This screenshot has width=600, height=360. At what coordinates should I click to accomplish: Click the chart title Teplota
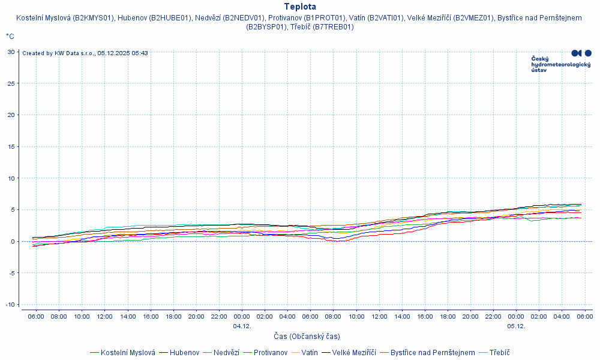300,7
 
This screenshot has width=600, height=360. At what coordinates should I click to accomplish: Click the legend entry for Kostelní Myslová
128,353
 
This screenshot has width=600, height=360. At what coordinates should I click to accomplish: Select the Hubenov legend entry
184,353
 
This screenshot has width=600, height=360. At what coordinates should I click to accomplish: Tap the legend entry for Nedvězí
226,353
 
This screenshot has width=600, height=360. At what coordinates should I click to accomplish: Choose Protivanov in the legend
270,353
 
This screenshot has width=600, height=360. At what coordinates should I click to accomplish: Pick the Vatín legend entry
310,353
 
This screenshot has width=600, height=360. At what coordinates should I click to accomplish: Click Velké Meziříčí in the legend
353,353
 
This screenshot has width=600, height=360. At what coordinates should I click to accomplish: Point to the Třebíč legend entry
500,353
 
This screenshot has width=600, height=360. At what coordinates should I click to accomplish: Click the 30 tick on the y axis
11,52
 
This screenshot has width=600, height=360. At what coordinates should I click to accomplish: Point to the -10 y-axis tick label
10,305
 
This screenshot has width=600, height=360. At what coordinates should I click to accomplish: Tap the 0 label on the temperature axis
13,241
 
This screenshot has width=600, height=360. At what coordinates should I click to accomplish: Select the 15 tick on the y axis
11,146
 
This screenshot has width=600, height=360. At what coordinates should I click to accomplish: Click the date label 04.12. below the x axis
242,326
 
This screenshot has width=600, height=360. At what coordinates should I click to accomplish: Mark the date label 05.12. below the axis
516,326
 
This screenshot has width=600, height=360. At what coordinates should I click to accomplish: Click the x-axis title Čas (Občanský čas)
307,337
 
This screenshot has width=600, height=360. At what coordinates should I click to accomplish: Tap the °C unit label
10,36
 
